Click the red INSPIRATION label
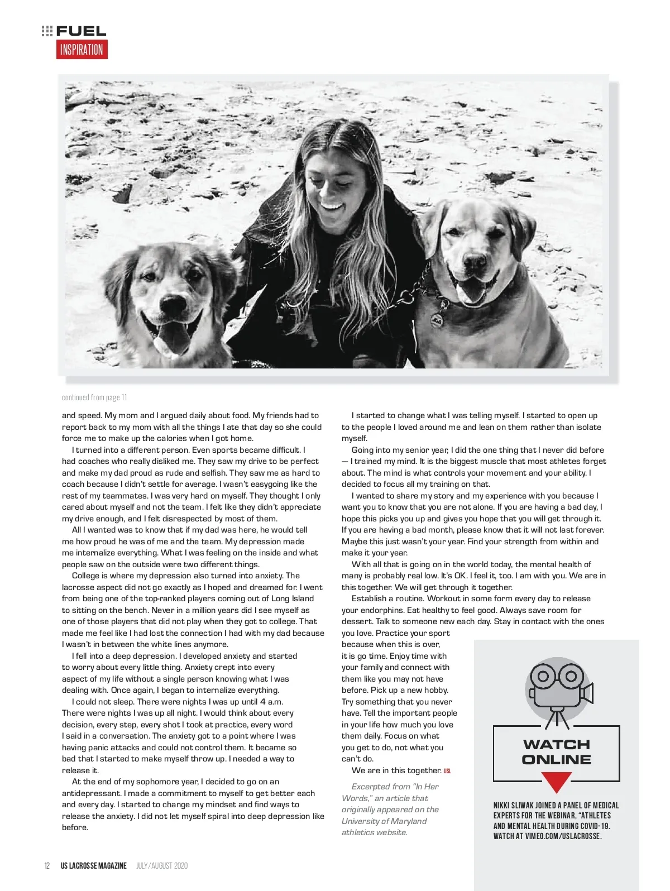pyautogui.click(x=82, y=50)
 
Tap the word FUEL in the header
pyautogui.click(x=81, y=31)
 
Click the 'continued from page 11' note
pyautogui.click(x=94, y=397)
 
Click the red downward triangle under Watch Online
pyautogui.click(x=556, y=781)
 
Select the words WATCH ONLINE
pyautogui.click(x=556, y=752)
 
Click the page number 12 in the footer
pyautogui.click(x=47, y=866)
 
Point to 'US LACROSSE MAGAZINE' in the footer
pyautogui.click(x=94, y=866)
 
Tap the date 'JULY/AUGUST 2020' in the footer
pyautogui.click(x=162, y=866)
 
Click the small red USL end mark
pyautogui.click(x=447, y=771)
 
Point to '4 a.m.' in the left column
pyautogui.click(x=271, y=702)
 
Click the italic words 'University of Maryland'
pyautogui.click(x=384, y=821)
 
